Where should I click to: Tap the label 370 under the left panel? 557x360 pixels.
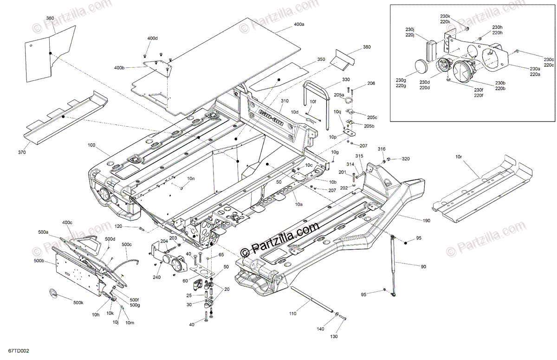[x=22, y=152]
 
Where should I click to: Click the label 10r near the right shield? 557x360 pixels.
[x=459, y=157]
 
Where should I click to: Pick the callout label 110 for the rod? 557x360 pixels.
[x=293, y=314]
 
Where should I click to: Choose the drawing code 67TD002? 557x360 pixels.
[x=18, y=353]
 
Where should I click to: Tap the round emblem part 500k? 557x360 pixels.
[x=53, y=293]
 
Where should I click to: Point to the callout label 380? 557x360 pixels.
[x=367, y=47]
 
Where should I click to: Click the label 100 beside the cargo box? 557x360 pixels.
[x=91, y=145]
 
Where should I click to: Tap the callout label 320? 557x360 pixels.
[x=406, y=159]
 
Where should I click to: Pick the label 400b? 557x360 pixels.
[x=119, y=68]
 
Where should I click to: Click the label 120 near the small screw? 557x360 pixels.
[x=118, y=226]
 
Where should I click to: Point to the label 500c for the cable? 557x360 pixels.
[x=126, y=244]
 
